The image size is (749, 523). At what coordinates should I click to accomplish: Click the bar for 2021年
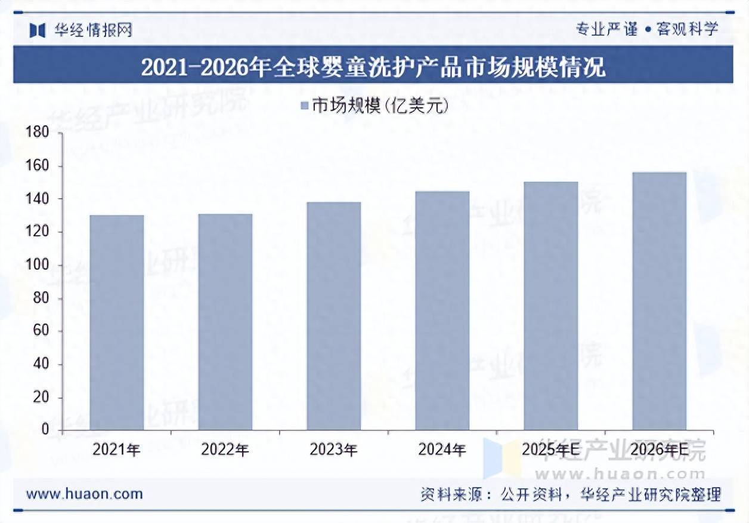click(117, 322)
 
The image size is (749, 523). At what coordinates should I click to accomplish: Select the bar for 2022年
click(225, 322)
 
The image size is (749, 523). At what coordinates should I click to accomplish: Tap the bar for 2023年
click(334, 316)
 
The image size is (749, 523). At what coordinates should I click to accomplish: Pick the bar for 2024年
click(442, 310)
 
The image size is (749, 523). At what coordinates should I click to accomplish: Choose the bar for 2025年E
click(551, 306)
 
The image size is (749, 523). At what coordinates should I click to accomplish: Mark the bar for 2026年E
click(660, 301)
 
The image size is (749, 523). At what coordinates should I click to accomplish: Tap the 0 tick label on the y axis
click(44, 430)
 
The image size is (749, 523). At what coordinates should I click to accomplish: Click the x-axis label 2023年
click(334, 450)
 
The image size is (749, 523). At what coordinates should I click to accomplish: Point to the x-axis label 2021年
click(117, 450)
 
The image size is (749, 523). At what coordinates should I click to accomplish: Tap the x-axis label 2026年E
click(660, 450)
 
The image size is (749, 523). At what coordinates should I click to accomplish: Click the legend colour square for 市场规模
click(304, 107)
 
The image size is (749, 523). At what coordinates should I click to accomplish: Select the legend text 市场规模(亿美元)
click(380, 107)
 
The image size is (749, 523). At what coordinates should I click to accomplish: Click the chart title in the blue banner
click(373, 66)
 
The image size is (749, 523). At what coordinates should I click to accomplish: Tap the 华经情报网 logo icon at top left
click(38, 30)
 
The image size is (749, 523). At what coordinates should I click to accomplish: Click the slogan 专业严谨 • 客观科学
click(647, 29)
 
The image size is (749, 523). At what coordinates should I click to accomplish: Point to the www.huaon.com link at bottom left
click(85, 494)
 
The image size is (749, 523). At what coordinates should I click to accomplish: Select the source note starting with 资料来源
click(570, 494)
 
